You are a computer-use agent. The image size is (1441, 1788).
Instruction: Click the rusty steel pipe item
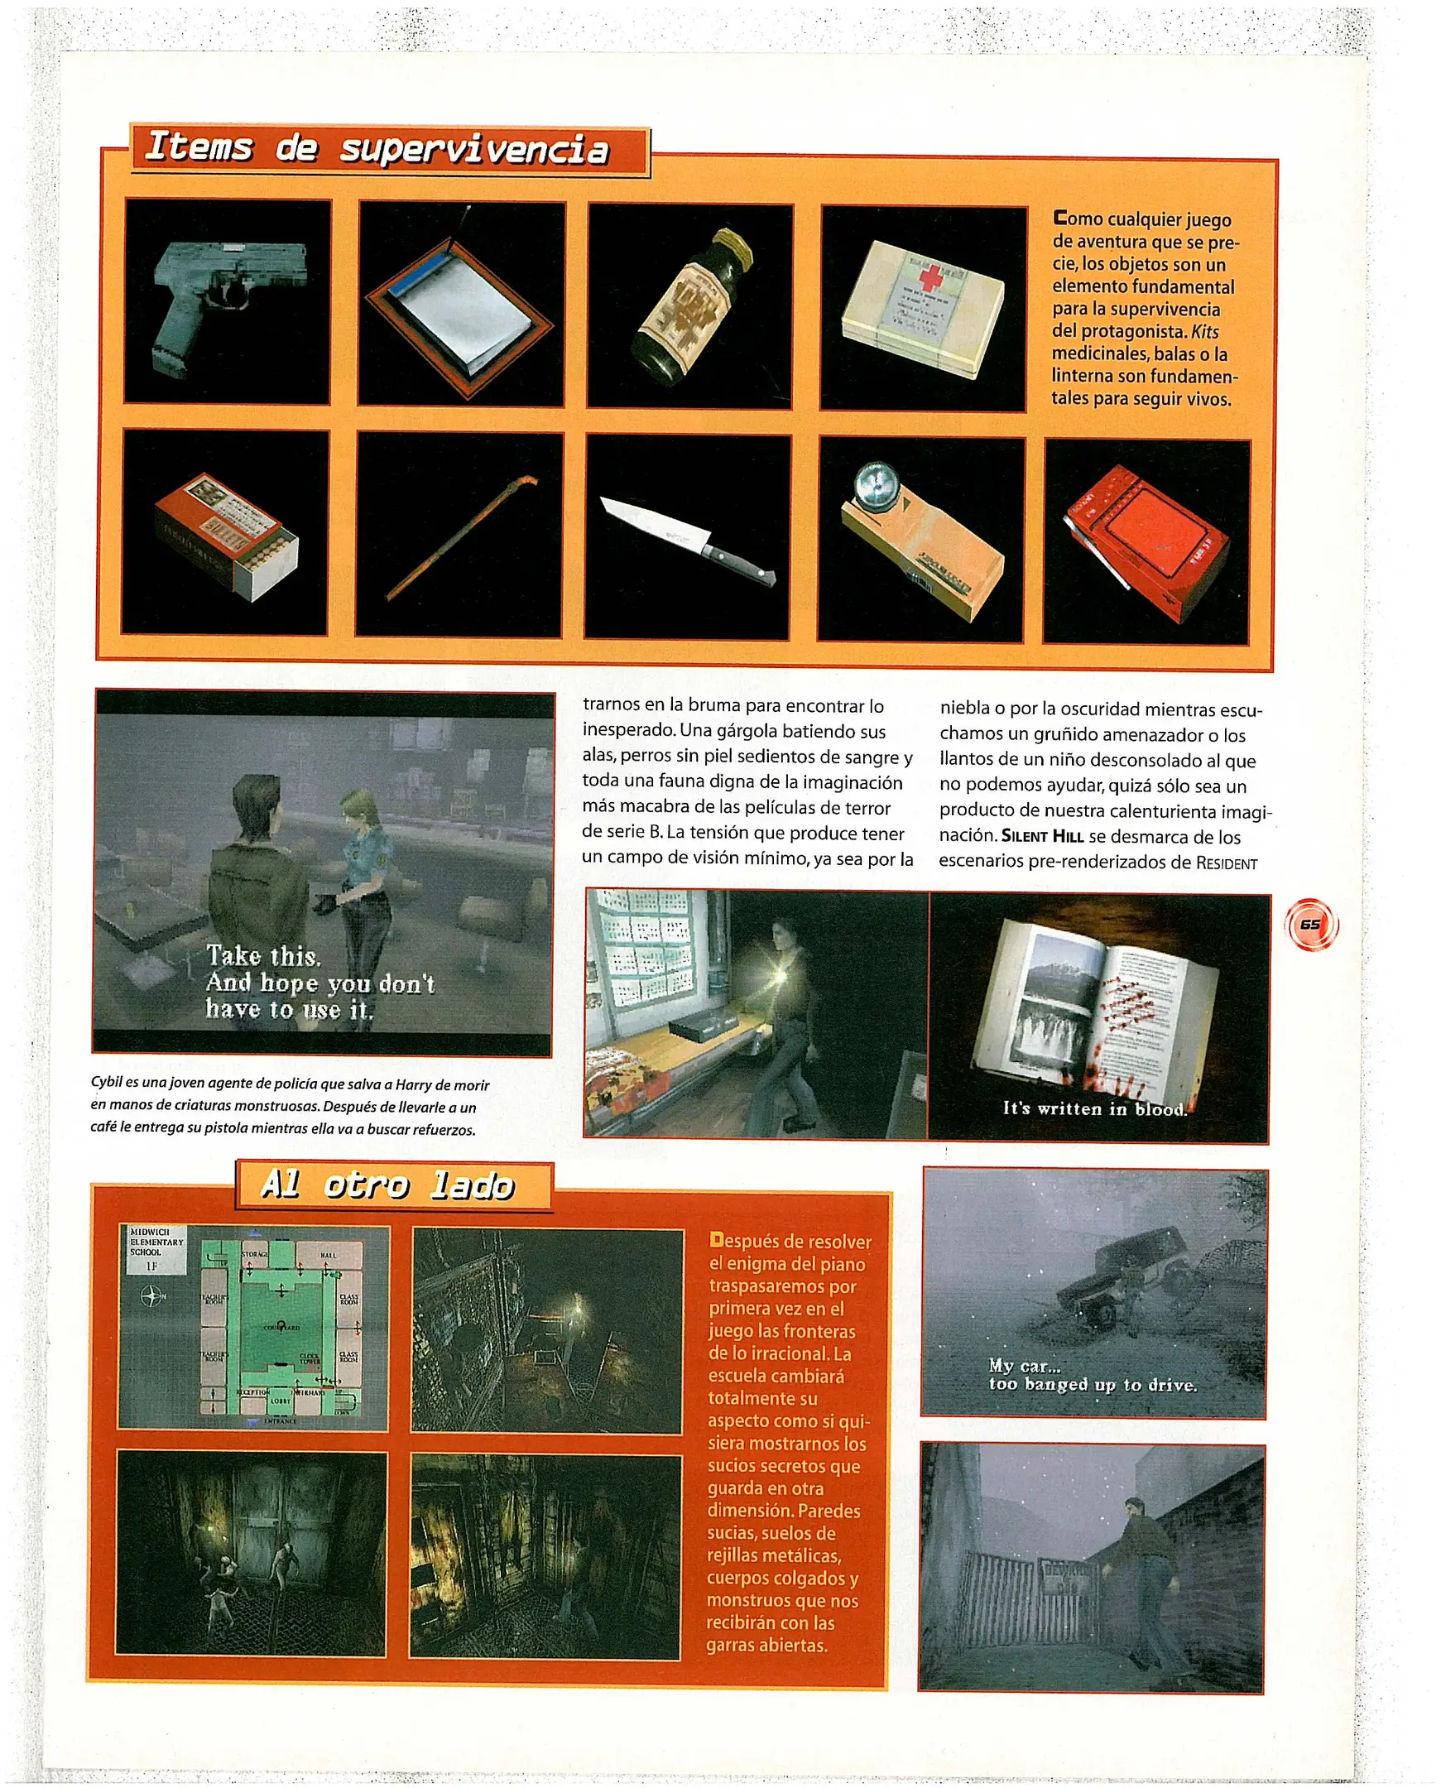pyautogui.click(x=461, y=537)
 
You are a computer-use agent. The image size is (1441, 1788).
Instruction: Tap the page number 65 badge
pyautogui.click(x=1311, y=924)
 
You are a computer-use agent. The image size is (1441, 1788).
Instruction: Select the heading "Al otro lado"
pyautogui.click(x=387, y=1185)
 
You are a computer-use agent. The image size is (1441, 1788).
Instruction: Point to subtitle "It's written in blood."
pyautogui.click(x=1095, y=1108)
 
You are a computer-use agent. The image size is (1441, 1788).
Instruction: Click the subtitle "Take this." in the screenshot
pyautogui.click(x=263, y=956)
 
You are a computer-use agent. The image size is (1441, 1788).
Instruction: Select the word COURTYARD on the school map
pyautogui.click(x=282, y=1327)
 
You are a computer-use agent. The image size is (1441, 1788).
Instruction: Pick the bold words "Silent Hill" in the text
pyautogui.click(x=1042, y=836)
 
